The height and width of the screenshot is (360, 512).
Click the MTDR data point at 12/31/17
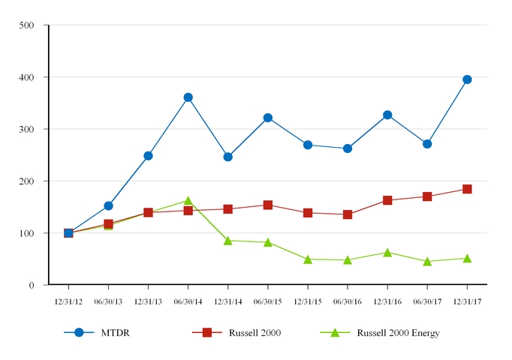[x=467, y=79]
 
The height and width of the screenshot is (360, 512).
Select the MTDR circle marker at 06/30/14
[x=188, y=97]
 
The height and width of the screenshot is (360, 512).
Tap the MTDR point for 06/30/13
[x=108, y=205]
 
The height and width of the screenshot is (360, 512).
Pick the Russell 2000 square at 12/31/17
[x=467, y=189]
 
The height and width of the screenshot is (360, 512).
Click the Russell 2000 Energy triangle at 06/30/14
[x=188, y=201]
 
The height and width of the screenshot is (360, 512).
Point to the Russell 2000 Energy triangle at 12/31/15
[x=308, y=259]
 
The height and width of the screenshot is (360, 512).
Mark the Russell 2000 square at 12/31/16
[x=387, y=200]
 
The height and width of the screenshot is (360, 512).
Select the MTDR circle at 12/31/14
[x=227, y=157]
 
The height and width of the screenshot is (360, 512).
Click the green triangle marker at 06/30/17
[x=427, y=262]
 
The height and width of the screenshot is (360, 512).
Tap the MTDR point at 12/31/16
[x=387, y=115]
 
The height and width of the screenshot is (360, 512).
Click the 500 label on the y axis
[x=27, y=25]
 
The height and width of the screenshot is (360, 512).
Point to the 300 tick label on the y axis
[x=27, y=129]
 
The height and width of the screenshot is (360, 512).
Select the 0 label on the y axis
[x=31, y=285]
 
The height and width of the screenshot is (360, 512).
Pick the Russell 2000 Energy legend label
[x=398, y=333]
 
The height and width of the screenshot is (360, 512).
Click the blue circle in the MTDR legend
[x=79, y=332]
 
